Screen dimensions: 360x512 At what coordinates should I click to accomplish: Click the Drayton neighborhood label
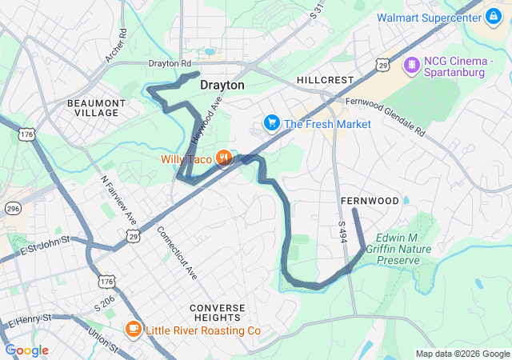[222, 84]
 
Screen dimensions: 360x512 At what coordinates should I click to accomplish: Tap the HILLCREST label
[324, 81]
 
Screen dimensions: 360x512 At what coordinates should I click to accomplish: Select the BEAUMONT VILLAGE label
[96, 108]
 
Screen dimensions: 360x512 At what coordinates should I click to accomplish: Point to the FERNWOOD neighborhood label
[369, 199]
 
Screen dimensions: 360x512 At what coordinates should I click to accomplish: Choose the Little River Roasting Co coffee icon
[133, 330]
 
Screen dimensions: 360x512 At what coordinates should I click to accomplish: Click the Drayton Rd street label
[170, 63]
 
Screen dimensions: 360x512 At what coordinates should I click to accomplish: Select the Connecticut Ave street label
[177, 251]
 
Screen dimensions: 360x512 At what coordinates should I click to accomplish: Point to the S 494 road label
[342, 233]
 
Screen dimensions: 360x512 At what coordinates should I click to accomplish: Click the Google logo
[26, 350]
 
